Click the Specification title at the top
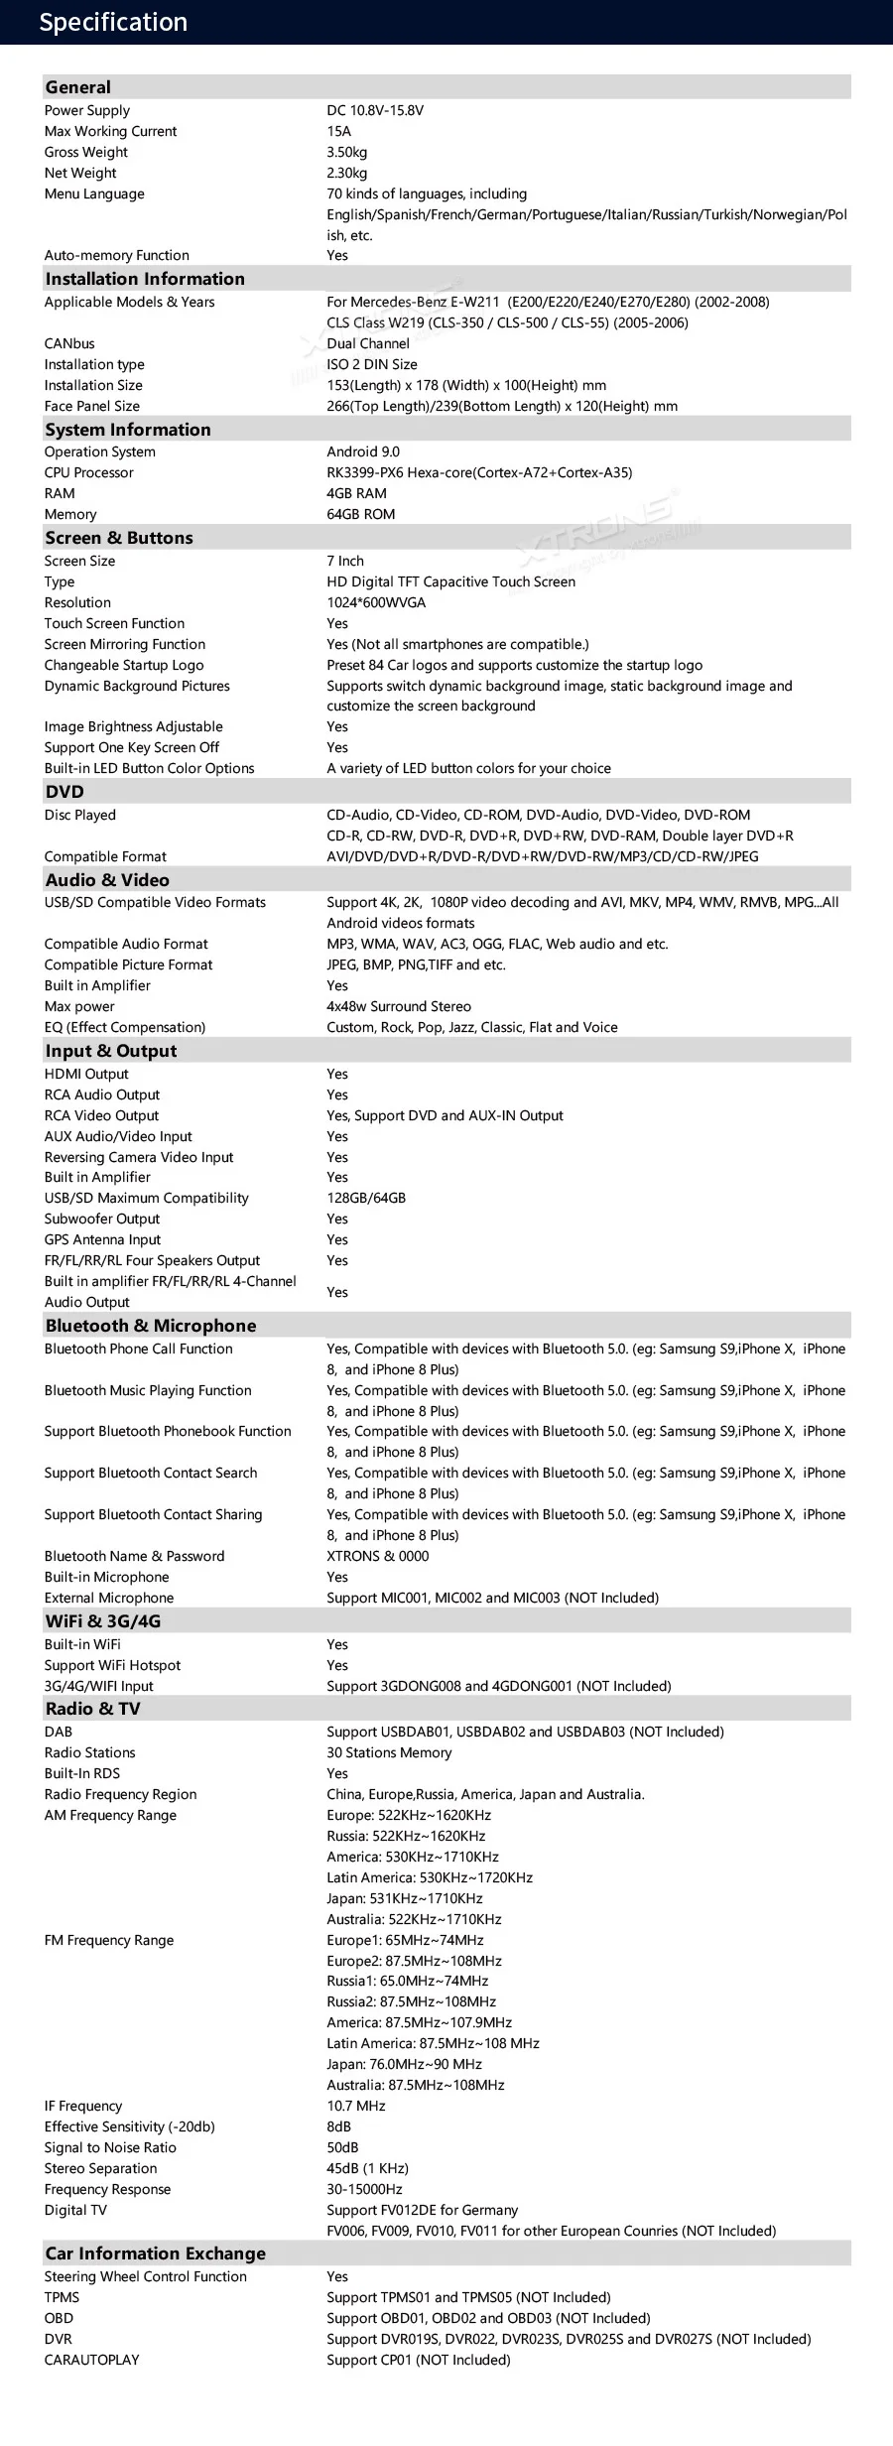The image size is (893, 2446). [x=113, y=23]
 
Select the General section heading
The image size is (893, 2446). [x=78, y=87]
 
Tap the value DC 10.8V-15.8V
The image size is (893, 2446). [x=375, y=110]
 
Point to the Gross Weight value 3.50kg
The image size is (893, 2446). [x=347, y=152]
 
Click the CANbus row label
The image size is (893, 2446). [x=69, y=343]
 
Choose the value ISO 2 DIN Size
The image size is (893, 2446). [x=372, y=364]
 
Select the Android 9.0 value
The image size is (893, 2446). [x=363, y=451]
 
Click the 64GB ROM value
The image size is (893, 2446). [x=361, y=514]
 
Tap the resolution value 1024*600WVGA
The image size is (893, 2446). [x=376, y=602]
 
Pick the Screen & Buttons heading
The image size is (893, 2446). [x=119, y=538]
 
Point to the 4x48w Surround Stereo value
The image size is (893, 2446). [x=399, y=1006]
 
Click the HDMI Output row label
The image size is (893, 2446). [x=86, y=1074]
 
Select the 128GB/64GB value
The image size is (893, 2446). [x=366, y=1198]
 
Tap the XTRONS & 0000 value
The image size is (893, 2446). [x=378, y=1556]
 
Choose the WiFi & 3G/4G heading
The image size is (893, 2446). [x=103, y=1621]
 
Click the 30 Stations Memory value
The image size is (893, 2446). [x=389, y=1752]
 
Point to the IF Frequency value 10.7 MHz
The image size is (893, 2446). [x=356, y=2106]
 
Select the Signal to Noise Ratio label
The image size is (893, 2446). [x=110, y=2147]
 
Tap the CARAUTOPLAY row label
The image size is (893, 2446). [x=91, y=2360]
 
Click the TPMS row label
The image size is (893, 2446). [x=62, y=2297]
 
